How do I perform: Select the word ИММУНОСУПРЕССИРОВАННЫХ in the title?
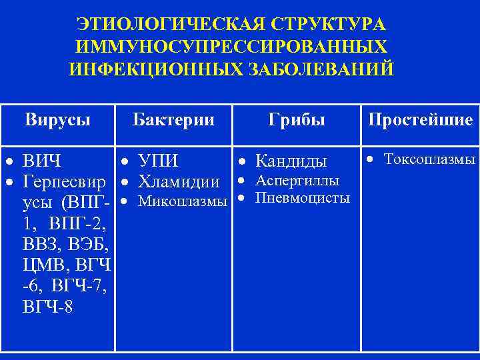pos(231,47)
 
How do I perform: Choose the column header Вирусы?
pos(58,120)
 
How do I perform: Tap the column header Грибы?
pos(297,120)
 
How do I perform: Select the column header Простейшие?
pos(420,120)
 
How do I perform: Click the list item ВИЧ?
pos(42,161)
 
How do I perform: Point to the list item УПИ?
pos(158,161)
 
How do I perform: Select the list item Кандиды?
pos(291,161)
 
